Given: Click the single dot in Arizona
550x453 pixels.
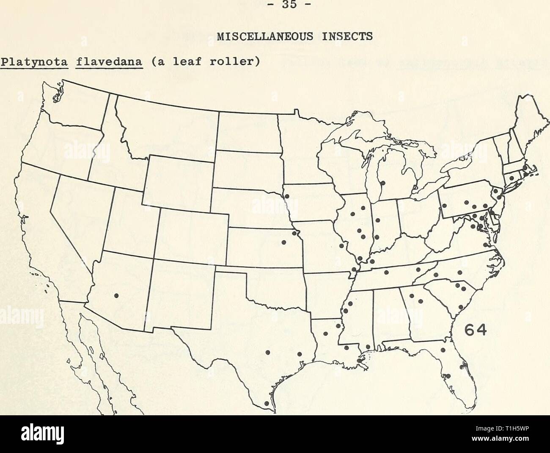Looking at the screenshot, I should pyautogui.click(x=116, y=295).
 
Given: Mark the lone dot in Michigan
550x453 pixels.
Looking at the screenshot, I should pyautogui.click(x=382, y=183).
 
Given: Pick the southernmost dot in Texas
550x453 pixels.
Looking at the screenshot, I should pyautogui.click(x=266, y=404).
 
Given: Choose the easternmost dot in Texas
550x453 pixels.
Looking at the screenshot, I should pyautogui.click(x=299, y=353).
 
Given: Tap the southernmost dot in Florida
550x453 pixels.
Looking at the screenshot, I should pyautogui.click(x=448, y=375).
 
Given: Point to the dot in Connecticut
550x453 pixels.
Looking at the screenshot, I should pyautogui.click(x=511, y=178).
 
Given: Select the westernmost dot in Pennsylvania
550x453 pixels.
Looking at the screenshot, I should pyautogui.click(x=445, y=206).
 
